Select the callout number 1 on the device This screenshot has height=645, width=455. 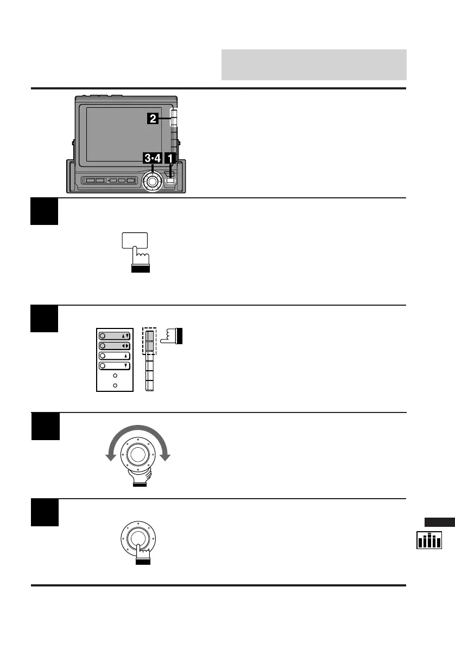click(x=170, y=159)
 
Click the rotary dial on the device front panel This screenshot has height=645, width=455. click(x=153, y=181)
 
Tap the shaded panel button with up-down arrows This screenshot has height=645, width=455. click(x=114, y=336)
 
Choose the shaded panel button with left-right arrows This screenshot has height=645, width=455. click(x=114, y=346)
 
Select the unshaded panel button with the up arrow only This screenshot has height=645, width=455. click(x=114, y=356)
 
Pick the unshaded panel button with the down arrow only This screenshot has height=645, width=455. click(x=114, y=366)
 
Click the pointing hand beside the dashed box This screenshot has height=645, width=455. click(x=174, y=336)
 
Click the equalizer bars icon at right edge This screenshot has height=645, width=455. click(x=429, y=540)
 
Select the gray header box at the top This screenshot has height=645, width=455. click(x=314, y=64)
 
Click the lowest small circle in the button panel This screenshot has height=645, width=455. click(x=114, y=385)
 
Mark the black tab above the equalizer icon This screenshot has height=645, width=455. click(x=439, y=523)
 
